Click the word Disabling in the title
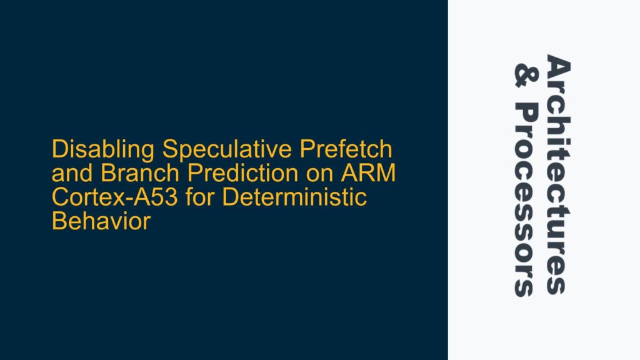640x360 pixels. [103, 150]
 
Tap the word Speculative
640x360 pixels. [227, 150]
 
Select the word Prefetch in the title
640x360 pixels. [346, 149]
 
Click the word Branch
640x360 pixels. [140, 173]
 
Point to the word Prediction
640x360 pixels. [243, 173]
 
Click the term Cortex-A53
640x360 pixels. [115, 197]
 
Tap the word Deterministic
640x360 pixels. [294, 197]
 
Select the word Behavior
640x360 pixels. [101, 221]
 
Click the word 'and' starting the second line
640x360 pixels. [72, 173]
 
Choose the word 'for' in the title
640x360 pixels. [199, 197]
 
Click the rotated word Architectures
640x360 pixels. [558, 174]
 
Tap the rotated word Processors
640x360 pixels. [524, 199]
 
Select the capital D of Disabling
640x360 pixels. [59, 149]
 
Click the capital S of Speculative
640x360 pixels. [171, 149]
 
